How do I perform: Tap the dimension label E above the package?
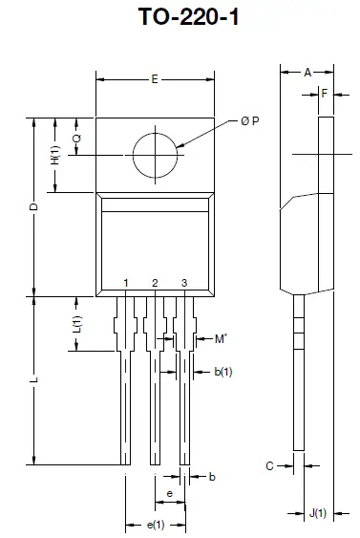(154, 80)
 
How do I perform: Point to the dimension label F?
(327, 94)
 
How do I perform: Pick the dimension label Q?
(76, 138)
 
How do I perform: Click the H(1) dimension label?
(55, 157)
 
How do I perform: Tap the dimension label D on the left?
(32, 207)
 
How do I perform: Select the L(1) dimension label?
(77, 324)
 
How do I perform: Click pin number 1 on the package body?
(126, 283)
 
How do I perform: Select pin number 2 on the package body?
(155, 283)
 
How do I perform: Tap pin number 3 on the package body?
(183, 283)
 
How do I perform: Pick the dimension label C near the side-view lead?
(269, 465)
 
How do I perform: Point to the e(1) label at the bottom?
(155, 525)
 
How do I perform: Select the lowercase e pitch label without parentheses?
(169, 493)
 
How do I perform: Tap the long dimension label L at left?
(33, 380)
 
